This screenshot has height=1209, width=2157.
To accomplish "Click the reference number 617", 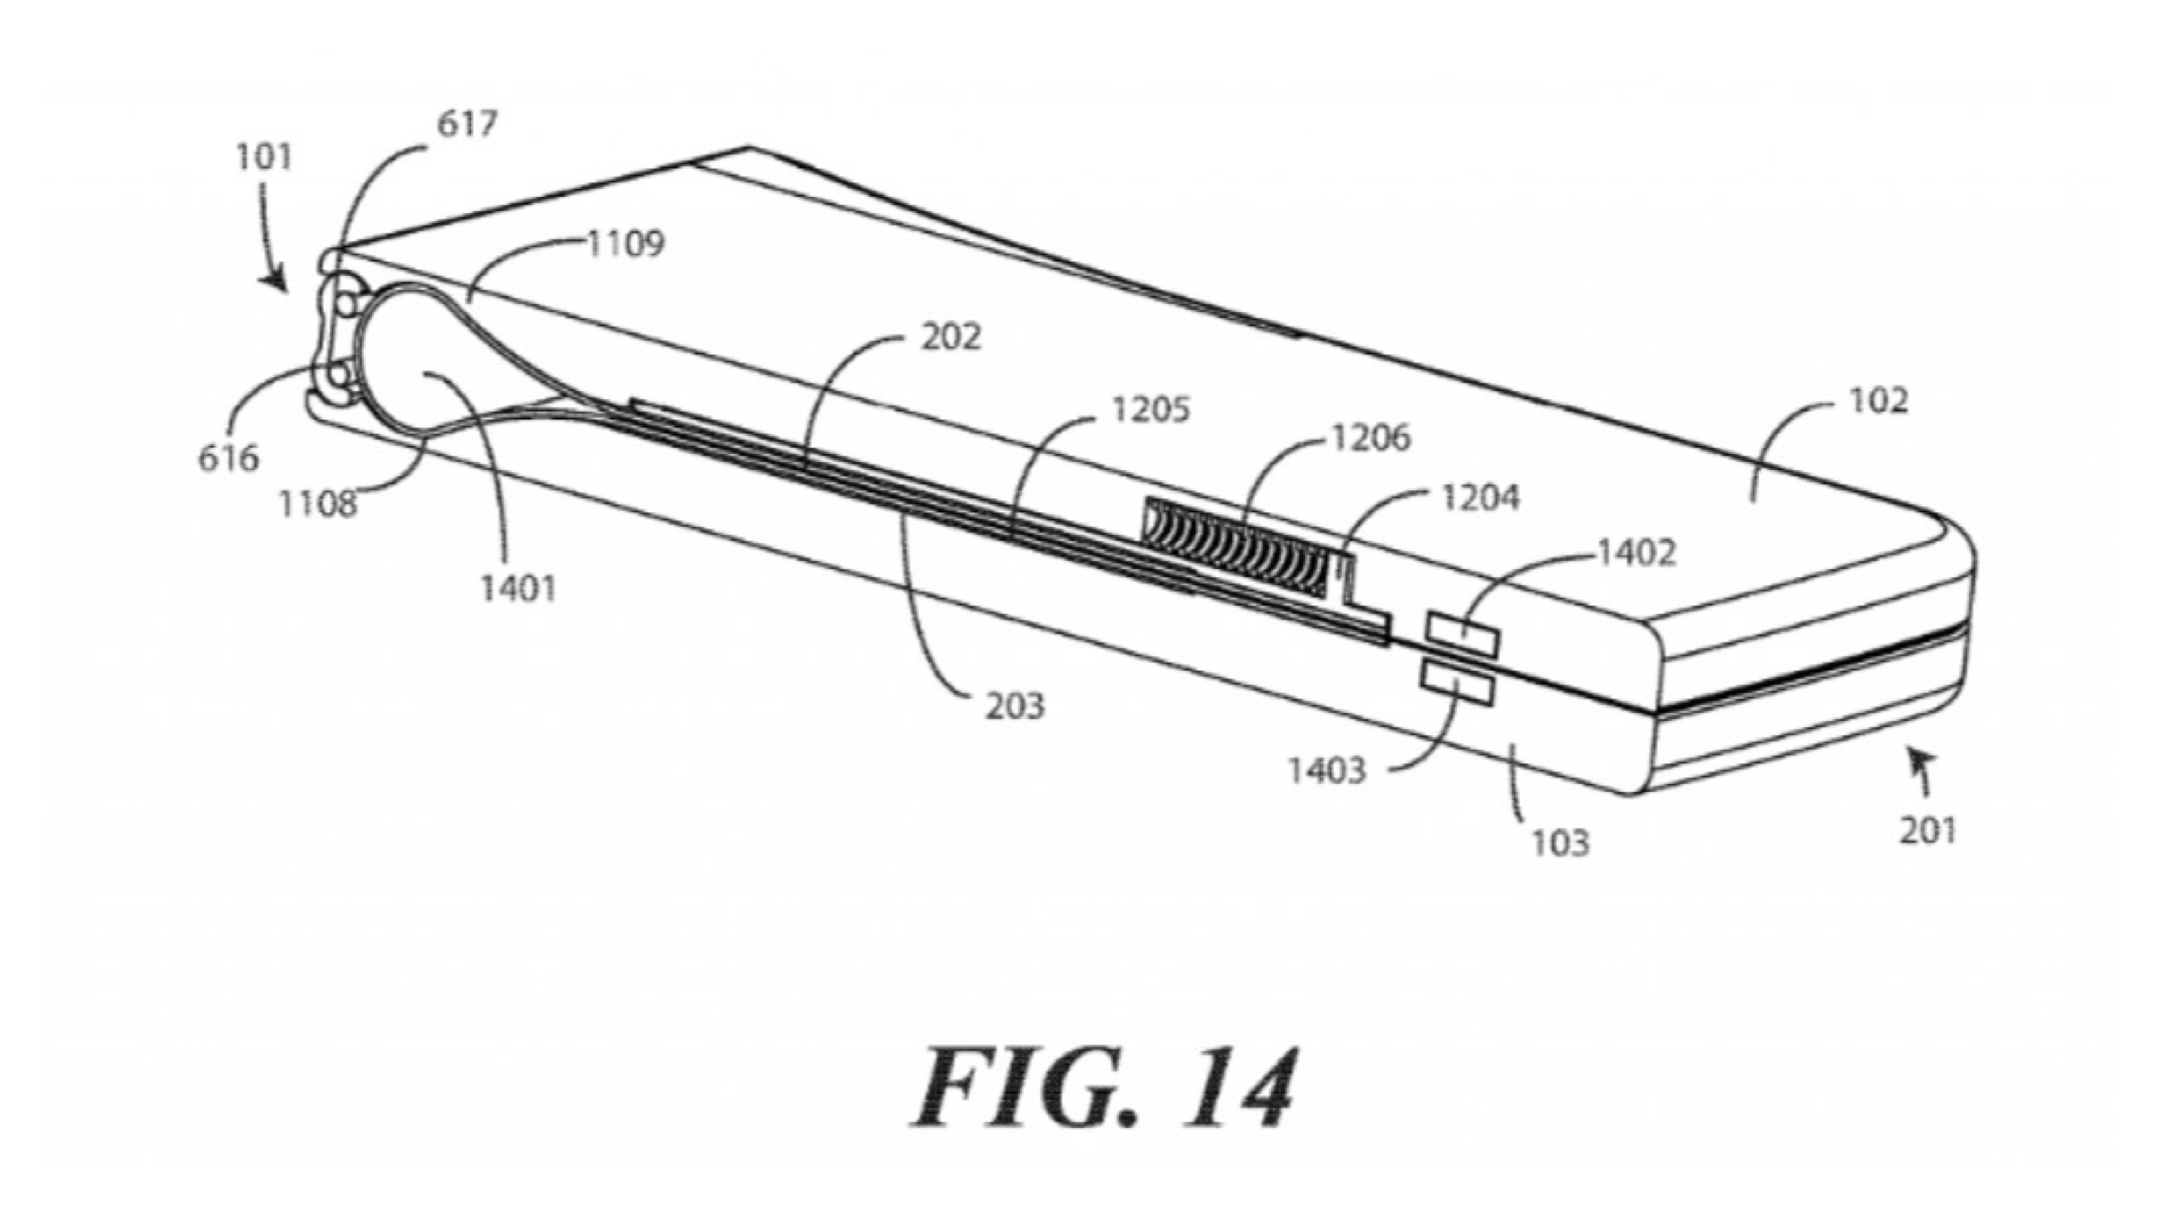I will (467, 124).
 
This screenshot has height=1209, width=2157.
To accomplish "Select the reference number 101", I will (264, 158).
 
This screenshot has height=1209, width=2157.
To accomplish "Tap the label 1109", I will (626, 244).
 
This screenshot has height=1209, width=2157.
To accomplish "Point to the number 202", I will (951, 337).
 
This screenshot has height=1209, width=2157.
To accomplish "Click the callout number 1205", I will (1150, 410).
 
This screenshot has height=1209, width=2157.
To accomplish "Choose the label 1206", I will (1371, 439).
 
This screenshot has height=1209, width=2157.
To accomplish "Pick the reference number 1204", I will (1480, 497).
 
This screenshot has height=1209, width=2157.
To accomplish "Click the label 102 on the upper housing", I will (1878, 401).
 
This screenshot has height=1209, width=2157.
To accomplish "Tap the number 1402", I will (1636, 553).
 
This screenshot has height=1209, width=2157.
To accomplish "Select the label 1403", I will (1327, 771).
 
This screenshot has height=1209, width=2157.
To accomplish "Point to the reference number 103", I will (1560, 843).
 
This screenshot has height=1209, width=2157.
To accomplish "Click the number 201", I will (1927, 831).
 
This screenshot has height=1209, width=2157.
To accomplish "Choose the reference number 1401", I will (519, 589).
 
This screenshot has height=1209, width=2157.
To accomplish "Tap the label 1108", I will (318, 504).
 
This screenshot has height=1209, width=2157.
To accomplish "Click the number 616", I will (228, 458).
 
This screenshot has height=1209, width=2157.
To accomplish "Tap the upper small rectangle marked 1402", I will (1461, 635).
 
